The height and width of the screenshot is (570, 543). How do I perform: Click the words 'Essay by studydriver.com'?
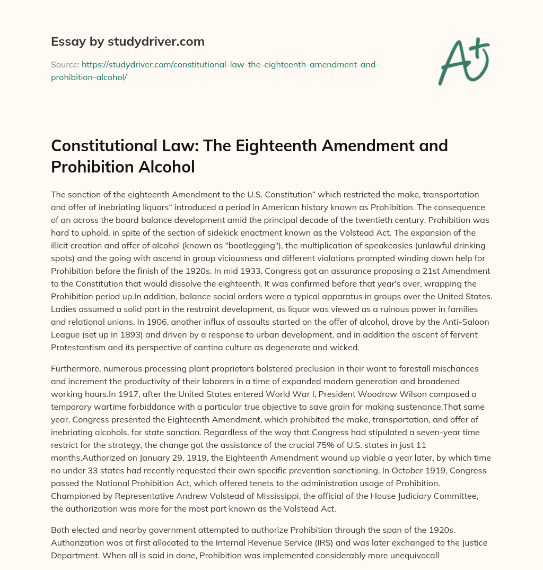coord(127,41)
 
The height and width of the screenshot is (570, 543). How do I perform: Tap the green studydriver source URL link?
coord(215,71)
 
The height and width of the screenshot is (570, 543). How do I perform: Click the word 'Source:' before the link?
coord(65,64)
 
